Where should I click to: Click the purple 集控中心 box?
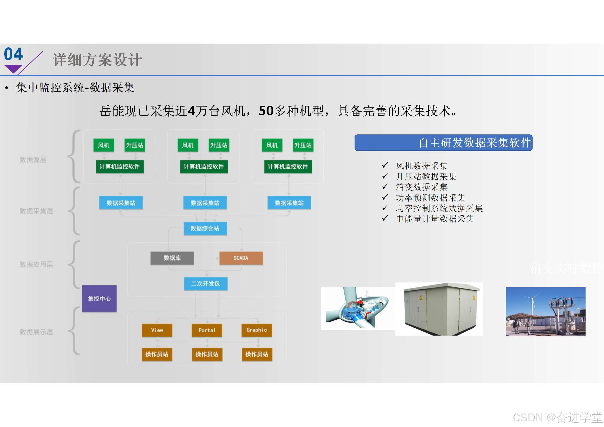(x=99, y=298)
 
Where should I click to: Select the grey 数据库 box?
(x=172, y=258)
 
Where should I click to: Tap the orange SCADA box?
(x=241, y=258)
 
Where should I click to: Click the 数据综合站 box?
(x=205, y=228)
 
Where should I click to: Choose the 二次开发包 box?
(x=206, y=284)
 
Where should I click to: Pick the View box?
(x=157, y=330)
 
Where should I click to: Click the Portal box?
(x=207, y=330)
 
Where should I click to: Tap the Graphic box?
(x=256, y=330)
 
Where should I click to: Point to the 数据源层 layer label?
(x=33, y=160)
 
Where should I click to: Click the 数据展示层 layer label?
(x=36, y=332)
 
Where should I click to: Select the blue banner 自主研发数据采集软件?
(x=443, y=143)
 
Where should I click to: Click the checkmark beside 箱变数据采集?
(x=385, y=186)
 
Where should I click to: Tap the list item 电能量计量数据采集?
(x=435, y=219)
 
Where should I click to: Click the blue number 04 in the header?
(x=13, y=54)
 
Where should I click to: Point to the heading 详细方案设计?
(x=97, y=60)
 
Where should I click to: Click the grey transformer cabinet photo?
(x=439, y=309)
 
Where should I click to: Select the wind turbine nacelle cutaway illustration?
(x=358, y=308)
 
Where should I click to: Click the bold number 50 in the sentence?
(x=266, y=111)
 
